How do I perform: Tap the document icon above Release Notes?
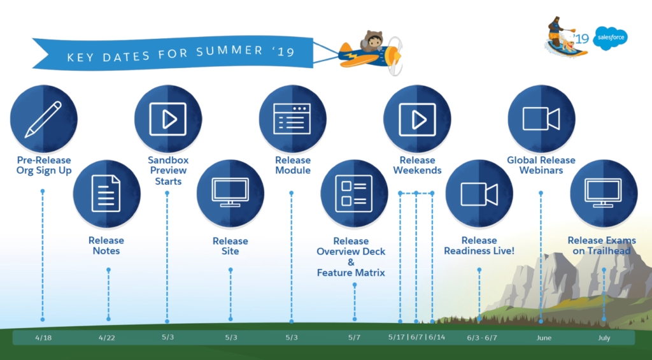click(106, 193)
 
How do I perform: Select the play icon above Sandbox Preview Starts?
click(167, 119)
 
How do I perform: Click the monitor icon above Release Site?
click(230, 193)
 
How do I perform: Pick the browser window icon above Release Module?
click(292, 119)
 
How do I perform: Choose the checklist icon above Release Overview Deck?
click(354, 193)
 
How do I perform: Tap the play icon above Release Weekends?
click(417, 119)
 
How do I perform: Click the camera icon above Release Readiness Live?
click(479, 193)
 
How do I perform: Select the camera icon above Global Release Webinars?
click(541, 119)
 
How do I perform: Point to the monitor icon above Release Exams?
click(603, 193)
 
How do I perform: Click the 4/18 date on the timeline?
click(43, 337)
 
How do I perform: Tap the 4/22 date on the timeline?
click(108, 337)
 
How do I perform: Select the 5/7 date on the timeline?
click(355, 337)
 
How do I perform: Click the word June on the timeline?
click(543, 338)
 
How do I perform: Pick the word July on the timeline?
click(604, 338)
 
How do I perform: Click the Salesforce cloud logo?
click(610, 39)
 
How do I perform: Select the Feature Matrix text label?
click(351, 273)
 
